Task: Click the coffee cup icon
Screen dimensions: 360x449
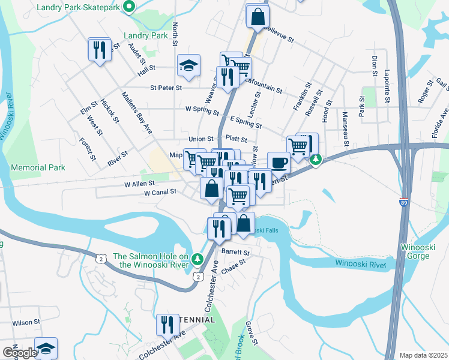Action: click(x=278, y=162)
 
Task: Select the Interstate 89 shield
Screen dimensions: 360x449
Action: click(x=404, y=203)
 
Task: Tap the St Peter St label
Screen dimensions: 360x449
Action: click(x=166, y=88)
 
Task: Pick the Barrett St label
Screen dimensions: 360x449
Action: click(x=235, y=252)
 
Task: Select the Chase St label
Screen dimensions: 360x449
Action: click(x=234, y=266)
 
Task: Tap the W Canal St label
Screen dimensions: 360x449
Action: click(x=160, y=193)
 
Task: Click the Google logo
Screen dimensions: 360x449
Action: click(x=20, y=353)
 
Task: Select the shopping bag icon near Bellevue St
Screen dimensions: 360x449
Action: click(x=257, y=17)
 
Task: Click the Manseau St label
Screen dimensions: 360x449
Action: click(x=346, y=128)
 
